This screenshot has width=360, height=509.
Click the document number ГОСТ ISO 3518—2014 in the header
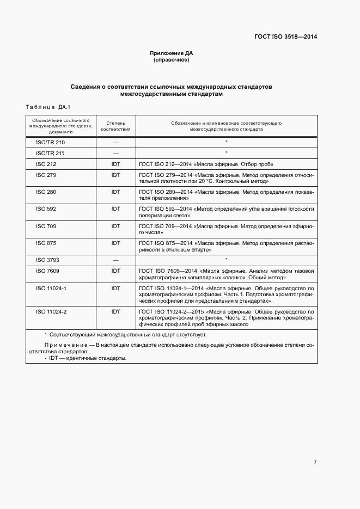(285, 36)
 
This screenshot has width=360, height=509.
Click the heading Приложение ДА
(172, 53)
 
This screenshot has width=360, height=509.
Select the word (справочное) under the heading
(172, 60)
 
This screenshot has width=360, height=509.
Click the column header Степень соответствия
(115, 127)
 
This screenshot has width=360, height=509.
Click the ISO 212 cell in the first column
(46, 164)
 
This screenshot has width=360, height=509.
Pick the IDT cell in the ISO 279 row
(115, 175)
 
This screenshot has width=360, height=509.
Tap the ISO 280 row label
(46, 192)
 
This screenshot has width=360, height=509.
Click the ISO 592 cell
(46, 208)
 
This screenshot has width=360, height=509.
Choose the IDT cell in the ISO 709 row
(115, 225)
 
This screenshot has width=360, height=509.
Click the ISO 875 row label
(46, 242)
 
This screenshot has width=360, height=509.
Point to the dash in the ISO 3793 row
(115, 260)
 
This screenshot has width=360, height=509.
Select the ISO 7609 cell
(47, 271)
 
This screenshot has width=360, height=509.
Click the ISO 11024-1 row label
(51, 287)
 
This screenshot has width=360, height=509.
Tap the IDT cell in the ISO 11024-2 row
(115, 311)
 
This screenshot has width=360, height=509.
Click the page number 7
(315, 462)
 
